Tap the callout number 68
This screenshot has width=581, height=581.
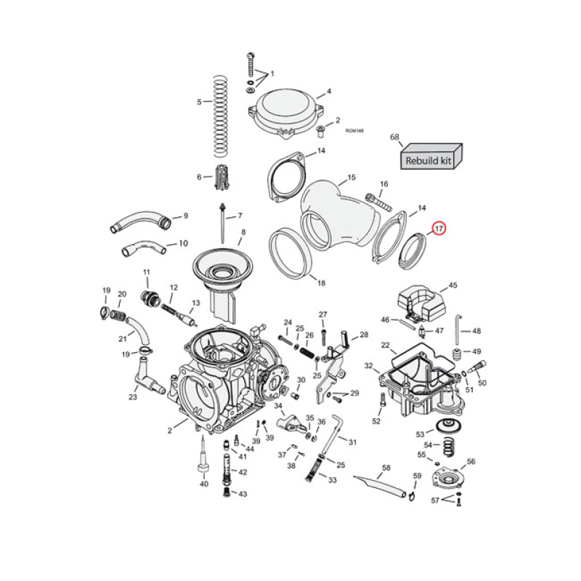pos(395,137)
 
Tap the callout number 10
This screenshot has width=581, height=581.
pos(183,243)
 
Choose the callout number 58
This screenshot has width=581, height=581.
pos(386,468)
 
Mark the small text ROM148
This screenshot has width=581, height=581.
pos(354,131)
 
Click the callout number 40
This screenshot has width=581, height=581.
pos(204,484)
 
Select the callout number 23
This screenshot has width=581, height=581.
pos(133,397)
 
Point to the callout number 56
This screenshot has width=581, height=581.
pos(471,461)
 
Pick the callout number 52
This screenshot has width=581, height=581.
pos(376,421)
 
